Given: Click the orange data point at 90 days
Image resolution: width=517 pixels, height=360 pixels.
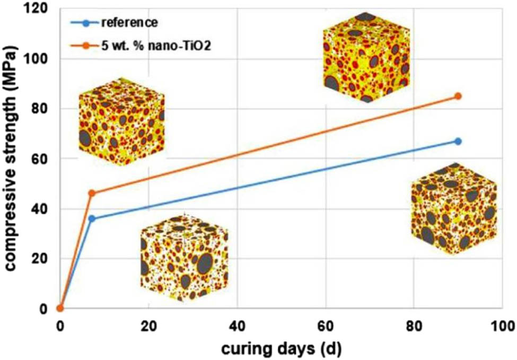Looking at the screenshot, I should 458,96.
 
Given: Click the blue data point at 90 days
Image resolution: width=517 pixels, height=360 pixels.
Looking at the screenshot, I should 458,141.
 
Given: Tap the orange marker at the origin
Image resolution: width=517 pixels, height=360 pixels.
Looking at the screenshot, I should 60,308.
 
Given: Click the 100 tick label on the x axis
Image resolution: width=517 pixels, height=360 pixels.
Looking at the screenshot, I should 501,324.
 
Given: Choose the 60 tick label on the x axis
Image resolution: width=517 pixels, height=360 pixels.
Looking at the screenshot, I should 325,324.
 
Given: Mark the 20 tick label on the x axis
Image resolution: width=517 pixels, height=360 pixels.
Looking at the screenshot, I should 148,324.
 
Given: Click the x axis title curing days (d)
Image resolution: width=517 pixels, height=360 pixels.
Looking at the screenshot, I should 281,349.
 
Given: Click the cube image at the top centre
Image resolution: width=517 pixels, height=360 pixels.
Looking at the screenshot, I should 366,57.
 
